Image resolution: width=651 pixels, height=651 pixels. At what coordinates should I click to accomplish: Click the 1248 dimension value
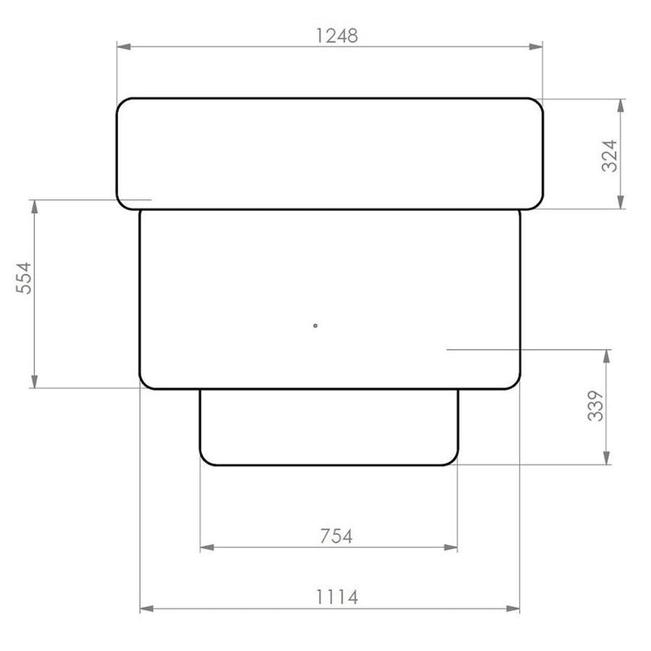pos(337,36)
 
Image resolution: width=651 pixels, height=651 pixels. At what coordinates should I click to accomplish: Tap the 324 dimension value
pos(609,155)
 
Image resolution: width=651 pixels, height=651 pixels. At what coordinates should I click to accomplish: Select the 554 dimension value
pos(24,277)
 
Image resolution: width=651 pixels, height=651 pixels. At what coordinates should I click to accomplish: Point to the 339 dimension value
pos(596,405)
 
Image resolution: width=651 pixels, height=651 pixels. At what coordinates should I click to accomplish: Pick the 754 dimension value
pos(336,536)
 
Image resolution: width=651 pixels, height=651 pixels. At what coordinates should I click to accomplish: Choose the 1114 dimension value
pos(337,597)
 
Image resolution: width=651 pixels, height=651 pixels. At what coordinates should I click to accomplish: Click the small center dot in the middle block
pos(316,325)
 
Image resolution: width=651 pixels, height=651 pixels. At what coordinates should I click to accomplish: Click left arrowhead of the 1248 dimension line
pos(124,46)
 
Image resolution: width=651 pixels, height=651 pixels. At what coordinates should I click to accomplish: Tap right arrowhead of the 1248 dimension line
pos(535,46)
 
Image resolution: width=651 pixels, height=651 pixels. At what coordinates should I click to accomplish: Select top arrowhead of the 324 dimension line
pos(621,107)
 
